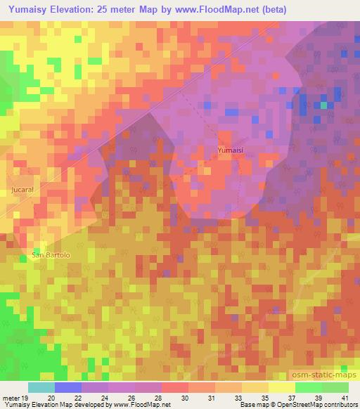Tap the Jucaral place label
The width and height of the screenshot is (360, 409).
(x=22, y=190)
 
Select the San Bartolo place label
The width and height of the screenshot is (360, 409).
(x=50, y=254)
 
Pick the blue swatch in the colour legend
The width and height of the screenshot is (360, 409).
(x=68, y=387)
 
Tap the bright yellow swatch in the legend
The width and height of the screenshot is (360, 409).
(x=282, y=387)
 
